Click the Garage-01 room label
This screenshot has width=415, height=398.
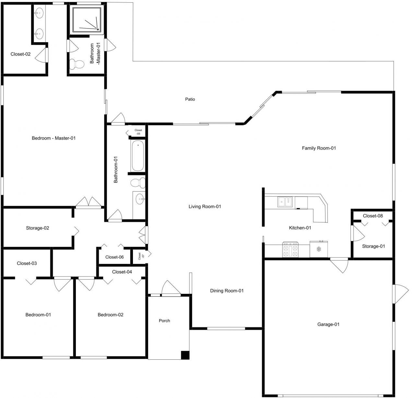pyautogui.click(x=328, y=324)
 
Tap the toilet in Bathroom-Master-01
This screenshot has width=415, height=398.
pyautogui.click(x=77, y=64)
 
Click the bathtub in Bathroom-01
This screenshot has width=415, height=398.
pyautogui.click(x=137, y=156)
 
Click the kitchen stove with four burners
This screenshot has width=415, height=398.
pyautogui.click(x=290, y=250)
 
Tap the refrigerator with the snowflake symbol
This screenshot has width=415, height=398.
pyautogui.click(x=319, y=249)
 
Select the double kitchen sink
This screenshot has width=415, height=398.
pyautogui.click(x=285, y=202)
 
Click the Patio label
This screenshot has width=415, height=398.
pyautogui.click(x=190, y=99)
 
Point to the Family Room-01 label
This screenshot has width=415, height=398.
pyautogui.click(x=319, y=148)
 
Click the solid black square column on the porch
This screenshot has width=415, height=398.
pyautogui.click(x=185, y=355)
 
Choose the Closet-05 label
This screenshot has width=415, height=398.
pyautogui.click(x=138, y=132)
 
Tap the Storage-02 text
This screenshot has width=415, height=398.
pyautogui.click(x=38, y=228)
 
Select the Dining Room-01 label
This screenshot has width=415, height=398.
pyautogui.click(x=227, y=291)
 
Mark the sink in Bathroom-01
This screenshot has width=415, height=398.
pyautogui.click(x=140, y=198)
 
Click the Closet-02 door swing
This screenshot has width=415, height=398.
pyautogui.click(x=42, y=56)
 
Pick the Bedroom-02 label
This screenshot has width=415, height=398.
pyautogui.click(x=111, y=315)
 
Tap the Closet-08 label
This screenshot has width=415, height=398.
pyautogui.click(x=373, y=216)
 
